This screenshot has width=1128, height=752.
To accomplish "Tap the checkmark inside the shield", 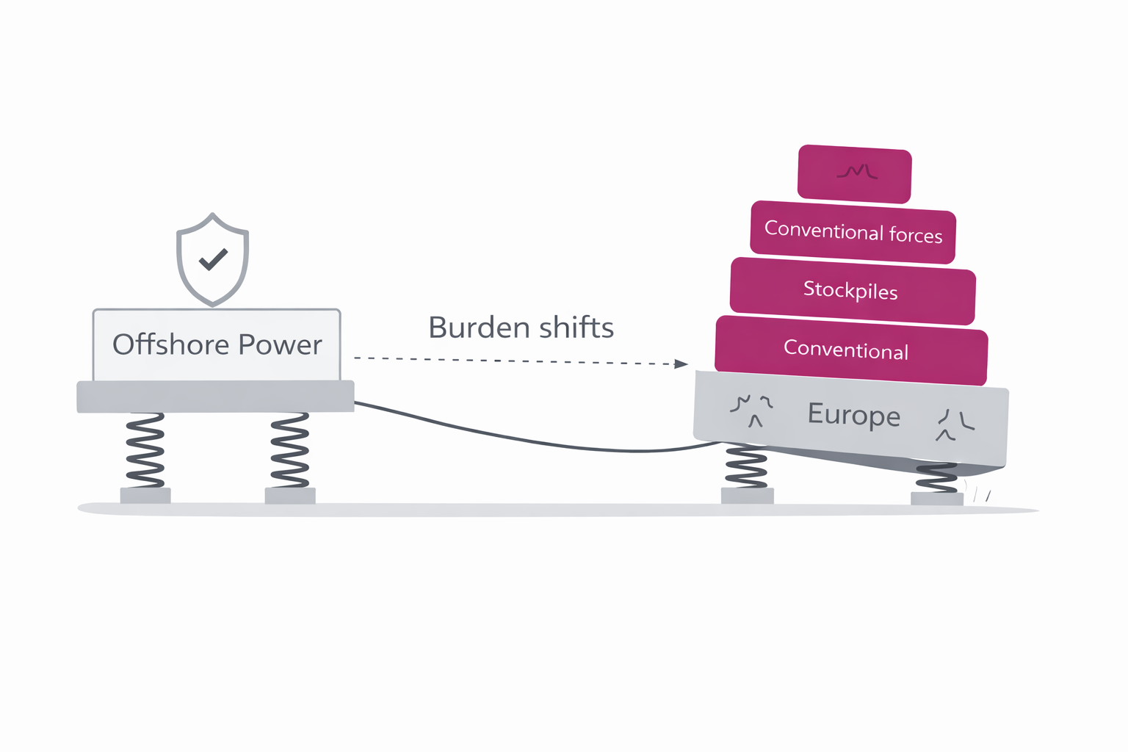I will [213, 259].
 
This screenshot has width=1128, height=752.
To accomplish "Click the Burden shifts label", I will [521, 328].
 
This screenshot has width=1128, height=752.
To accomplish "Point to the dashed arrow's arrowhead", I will [681, 364].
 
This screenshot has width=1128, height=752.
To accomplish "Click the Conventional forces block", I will [853, 232].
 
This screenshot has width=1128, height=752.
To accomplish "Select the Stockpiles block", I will [852, 291].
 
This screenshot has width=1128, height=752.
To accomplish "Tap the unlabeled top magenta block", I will [855, 173].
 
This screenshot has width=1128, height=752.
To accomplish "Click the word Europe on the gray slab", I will [853, 415].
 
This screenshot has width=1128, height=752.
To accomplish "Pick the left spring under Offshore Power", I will [145, 449].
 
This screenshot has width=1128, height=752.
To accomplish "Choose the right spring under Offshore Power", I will [289, 449].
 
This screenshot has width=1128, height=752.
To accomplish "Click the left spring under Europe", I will [746, 466].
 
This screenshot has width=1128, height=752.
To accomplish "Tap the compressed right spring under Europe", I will [936, 478].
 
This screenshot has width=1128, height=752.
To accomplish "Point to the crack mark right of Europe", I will [955, 424].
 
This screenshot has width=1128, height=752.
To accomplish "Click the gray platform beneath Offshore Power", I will [215, 397].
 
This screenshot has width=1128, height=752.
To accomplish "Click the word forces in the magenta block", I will [915, 235].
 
